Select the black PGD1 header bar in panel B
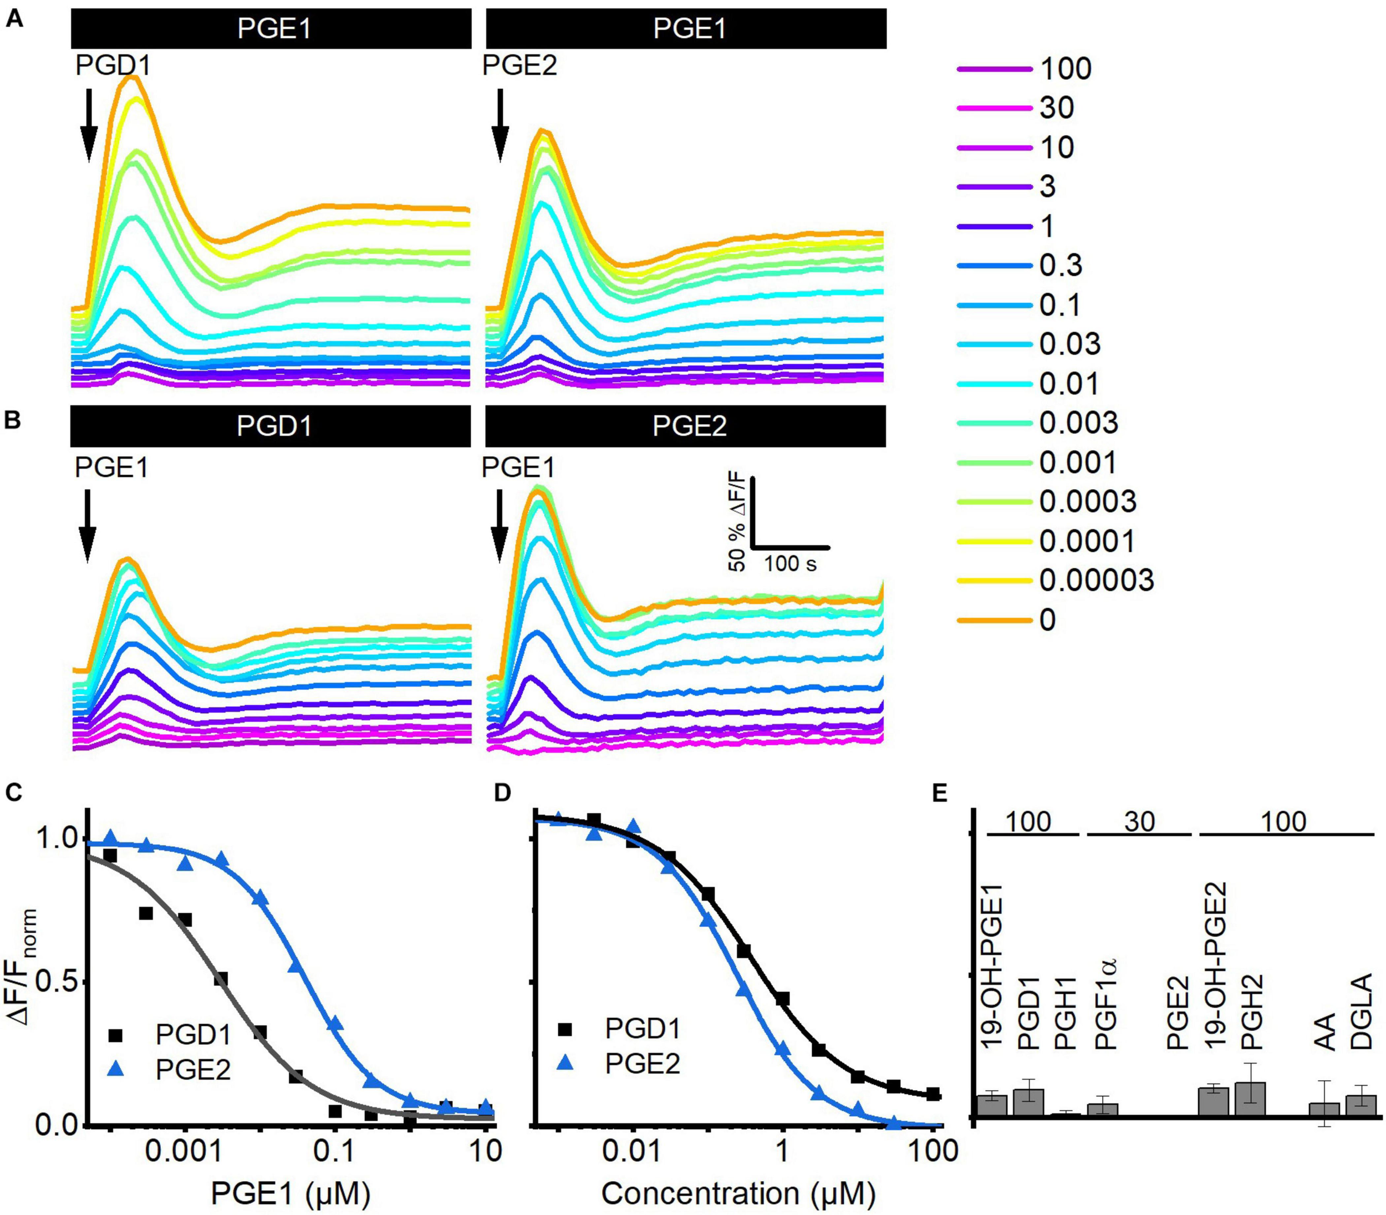271,426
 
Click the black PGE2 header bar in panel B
686,426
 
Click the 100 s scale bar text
791,563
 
